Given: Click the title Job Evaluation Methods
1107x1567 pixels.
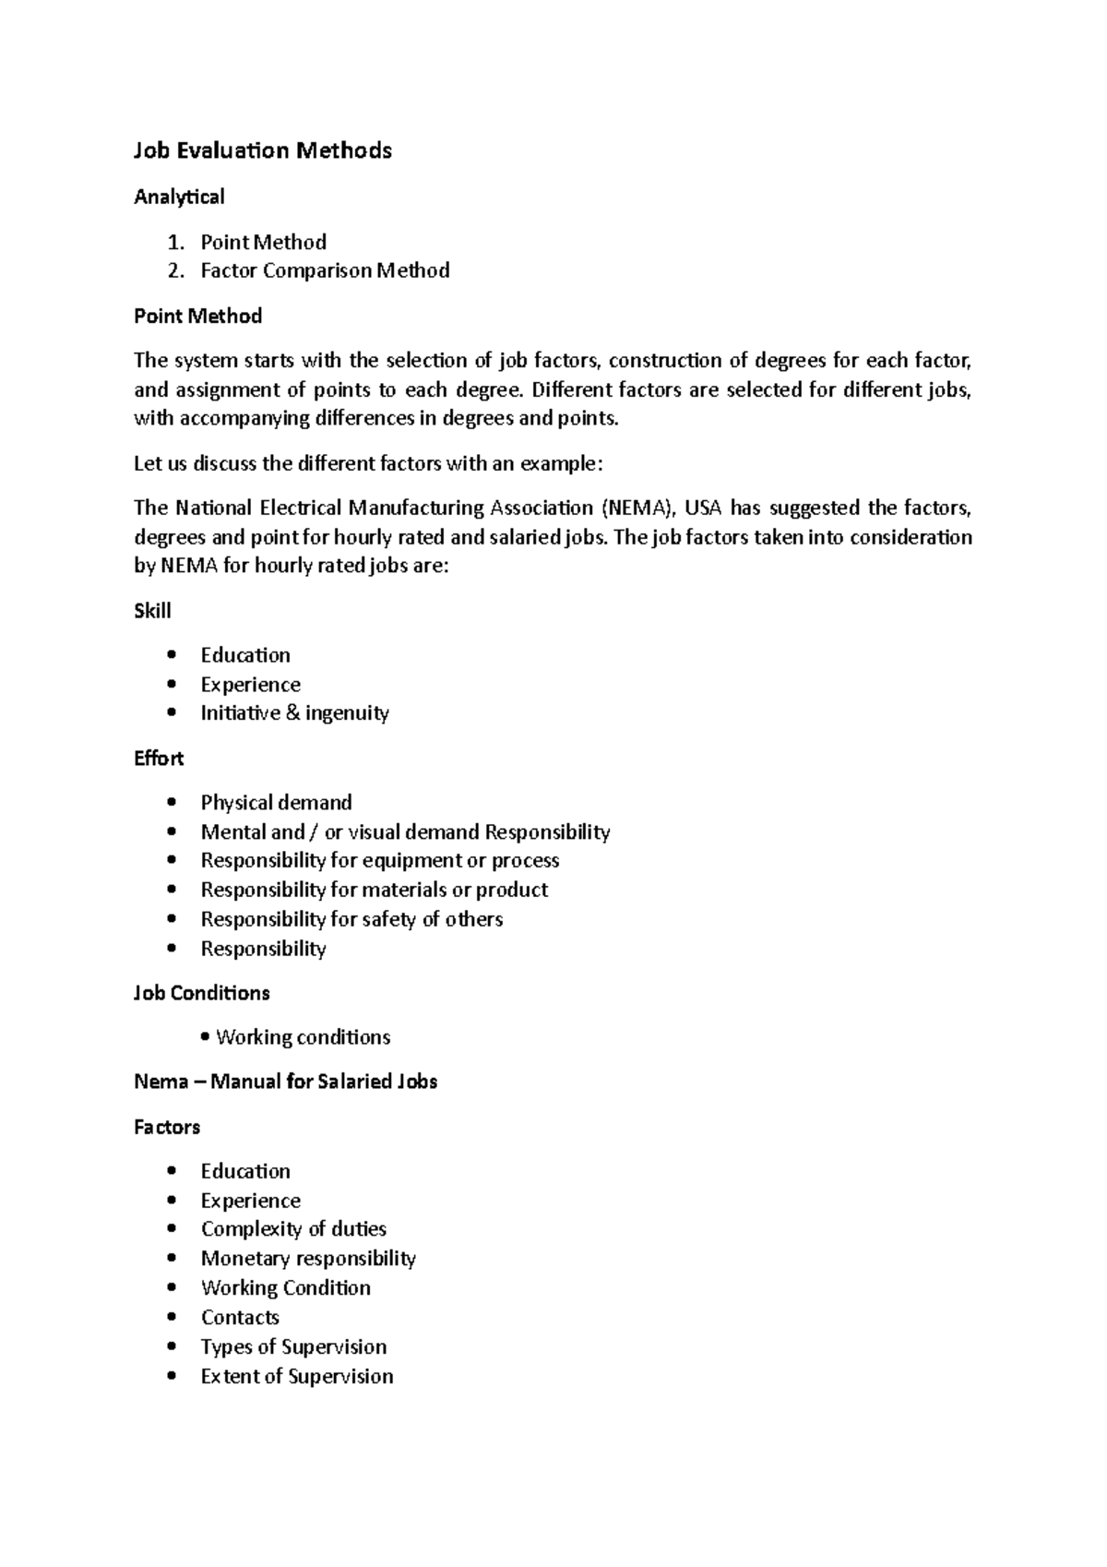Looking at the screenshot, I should [263, 150].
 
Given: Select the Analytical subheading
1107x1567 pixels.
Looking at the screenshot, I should [179, 197].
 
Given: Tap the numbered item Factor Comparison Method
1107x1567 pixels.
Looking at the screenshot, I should [325, 270].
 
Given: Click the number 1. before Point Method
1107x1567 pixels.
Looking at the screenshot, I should [175, 242].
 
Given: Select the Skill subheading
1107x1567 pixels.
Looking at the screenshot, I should [152, 611].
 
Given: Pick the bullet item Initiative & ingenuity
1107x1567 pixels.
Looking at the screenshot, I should [294, 713].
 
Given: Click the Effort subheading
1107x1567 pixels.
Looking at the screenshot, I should [159, 759].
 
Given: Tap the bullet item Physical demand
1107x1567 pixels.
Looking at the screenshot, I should [276, 803].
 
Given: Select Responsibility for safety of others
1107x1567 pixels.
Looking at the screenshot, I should [351, 919].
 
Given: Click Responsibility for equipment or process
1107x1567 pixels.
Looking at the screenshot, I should [379, 860].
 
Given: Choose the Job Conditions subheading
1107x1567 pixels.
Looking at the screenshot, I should [202, 993].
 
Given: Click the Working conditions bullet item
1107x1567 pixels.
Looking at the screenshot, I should [303, 1037].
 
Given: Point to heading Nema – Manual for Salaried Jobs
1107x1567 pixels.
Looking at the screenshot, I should [285, 1082].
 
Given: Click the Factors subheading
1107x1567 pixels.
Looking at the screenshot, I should [167, 1127].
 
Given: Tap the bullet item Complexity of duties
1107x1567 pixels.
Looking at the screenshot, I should [293, 1229].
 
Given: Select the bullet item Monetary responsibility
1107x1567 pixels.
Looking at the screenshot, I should [308, 1259].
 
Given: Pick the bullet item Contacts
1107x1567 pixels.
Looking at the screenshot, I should [240, 1318].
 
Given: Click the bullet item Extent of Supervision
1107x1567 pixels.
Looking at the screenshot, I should [297, 1377].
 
